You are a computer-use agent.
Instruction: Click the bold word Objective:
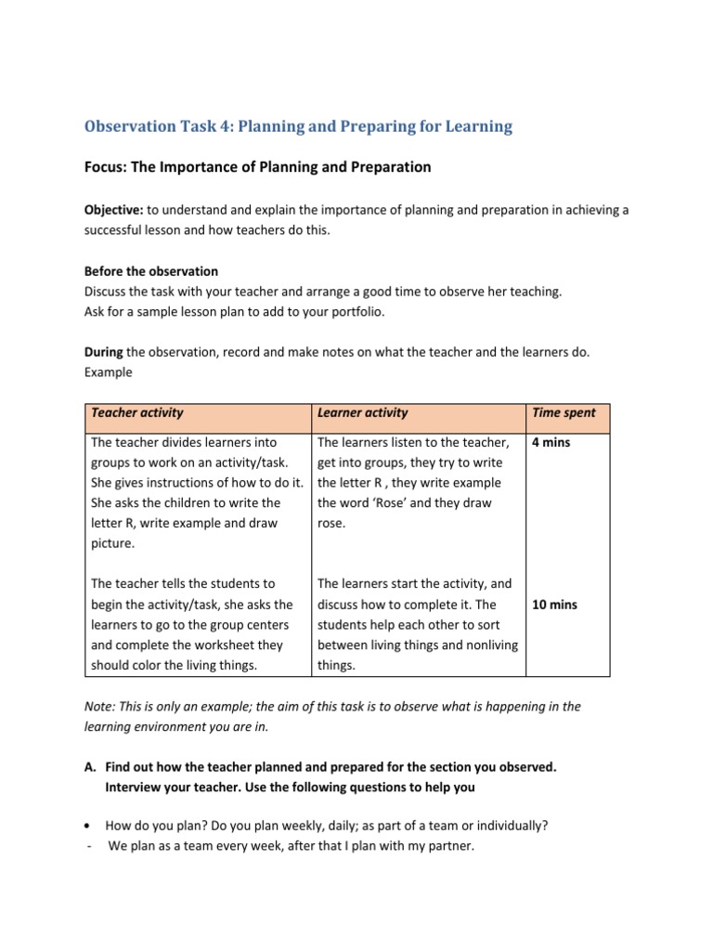click(113, 210)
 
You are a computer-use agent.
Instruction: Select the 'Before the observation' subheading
click(151, 271)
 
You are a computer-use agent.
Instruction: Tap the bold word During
click(104, 352)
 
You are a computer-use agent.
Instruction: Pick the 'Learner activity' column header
click(362, 412)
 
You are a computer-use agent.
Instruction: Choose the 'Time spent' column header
click(564, 412)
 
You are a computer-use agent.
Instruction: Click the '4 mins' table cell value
click(551, 442)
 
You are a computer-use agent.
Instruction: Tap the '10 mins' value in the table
click(554, 605)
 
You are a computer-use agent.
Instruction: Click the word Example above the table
click(109, 372)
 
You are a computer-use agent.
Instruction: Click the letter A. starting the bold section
click(90, 767)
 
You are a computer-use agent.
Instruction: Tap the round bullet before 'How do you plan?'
click(87, 825)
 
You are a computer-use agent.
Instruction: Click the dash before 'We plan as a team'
click(87, 846)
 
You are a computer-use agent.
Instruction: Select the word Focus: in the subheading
click(106, 167)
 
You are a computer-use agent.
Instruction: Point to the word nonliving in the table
click(486, 645)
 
